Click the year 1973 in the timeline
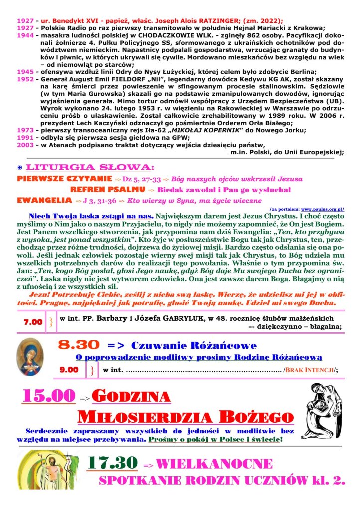click(x=24, y=130)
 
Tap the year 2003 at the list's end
click(x=24, y=144)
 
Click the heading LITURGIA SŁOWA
click(x=90, y=167)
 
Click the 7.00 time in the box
click(x=33, y=322)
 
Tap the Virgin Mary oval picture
click(x=30, y=357)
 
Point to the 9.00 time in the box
click(x=69, y=370)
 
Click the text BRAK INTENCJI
click(x=312, y=370)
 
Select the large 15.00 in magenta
click(x=49, y=396)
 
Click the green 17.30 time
click(x=112, y=463)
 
